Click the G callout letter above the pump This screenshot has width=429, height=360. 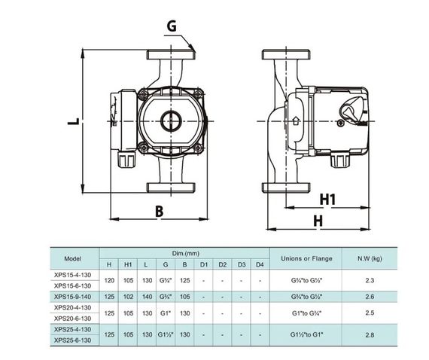coord(172,26)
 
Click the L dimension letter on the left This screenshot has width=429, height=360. coord(74,121)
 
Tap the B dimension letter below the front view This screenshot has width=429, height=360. coord(160,212)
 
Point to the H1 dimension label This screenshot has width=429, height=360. coord(327,200)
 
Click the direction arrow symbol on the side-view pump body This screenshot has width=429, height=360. coord(296,121)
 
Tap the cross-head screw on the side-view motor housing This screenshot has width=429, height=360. coord(340,124)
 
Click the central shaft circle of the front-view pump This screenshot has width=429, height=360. coord(171,121)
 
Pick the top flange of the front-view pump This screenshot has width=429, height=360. coord(171,54)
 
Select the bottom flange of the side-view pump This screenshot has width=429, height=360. coord(286,188)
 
